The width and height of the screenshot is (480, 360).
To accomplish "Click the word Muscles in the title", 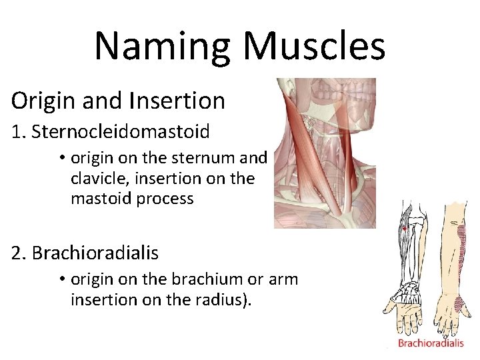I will [314, 46].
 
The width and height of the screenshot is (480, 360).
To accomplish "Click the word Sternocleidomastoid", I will [121, 131].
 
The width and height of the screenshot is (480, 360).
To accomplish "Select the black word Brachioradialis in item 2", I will [95, 253].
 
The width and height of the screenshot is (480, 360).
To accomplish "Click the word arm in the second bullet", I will [283, 279].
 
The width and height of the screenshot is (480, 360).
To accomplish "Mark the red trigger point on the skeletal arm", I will [404, 229].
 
